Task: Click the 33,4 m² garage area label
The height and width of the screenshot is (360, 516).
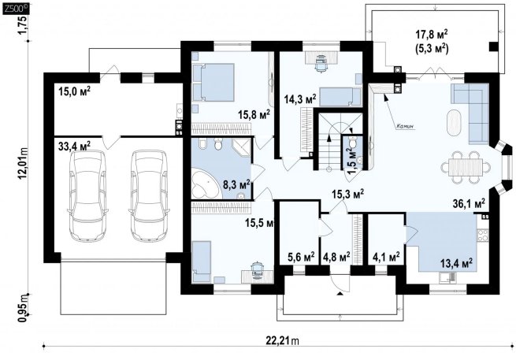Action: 74,145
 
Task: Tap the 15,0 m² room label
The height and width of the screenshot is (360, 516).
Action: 74,91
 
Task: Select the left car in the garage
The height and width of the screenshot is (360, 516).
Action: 87,196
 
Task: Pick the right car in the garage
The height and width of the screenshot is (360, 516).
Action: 150,196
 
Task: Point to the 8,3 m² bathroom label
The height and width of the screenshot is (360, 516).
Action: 236,184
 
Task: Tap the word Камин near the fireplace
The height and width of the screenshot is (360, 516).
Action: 405,126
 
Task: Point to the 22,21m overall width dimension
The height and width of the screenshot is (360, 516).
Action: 282,340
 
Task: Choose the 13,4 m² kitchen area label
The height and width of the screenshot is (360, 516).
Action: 457,262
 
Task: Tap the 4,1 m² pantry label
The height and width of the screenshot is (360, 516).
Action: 386,256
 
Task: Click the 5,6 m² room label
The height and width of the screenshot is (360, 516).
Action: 301,256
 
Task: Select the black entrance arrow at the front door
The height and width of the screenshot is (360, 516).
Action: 340,293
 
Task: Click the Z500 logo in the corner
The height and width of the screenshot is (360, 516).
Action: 16,9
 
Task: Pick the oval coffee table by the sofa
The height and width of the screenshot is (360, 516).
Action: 455,122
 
